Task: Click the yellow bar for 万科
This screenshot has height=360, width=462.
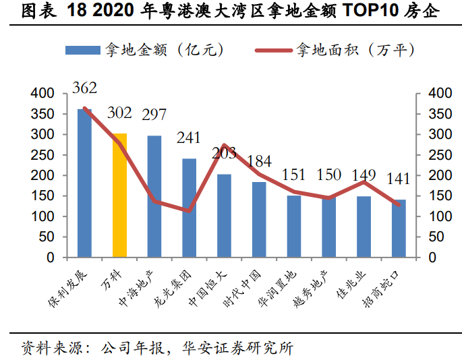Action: pyautogui.click(x=119, y=196)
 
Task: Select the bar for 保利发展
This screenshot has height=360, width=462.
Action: pyautogui.click(x=84, y=183)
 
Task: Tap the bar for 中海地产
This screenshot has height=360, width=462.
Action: pyautogui.click(x=154, y=196)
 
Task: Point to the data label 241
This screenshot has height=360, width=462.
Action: pyautogui.click(x=189, y=138)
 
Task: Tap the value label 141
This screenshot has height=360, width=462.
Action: pyautogui.click(x=399, y=179)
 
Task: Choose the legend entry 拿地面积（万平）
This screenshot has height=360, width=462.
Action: pyautogui.click(x=335, y=50)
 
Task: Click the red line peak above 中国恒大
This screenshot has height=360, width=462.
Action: pyautogui.click(x=224, y=145)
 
